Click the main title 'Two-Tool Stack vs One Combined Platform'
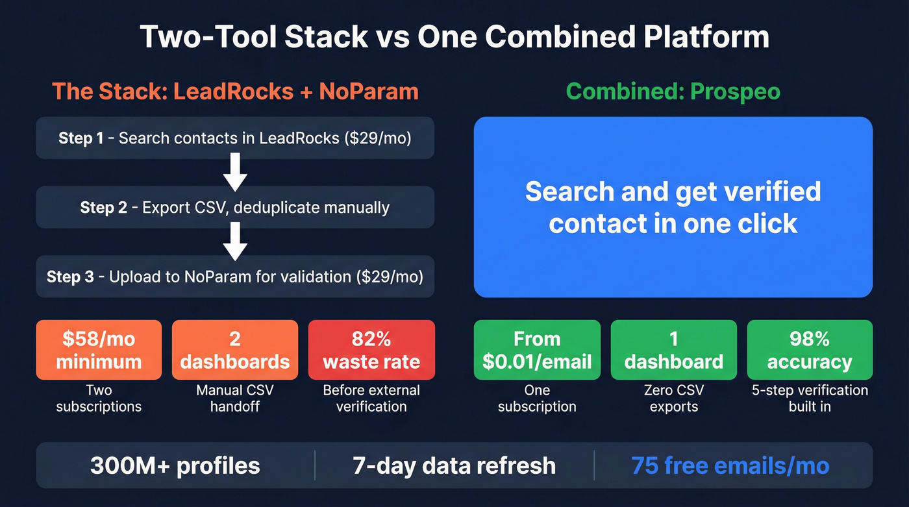[x=454, y=38]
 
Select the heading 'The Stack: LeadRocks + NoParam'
[x=235, y=92]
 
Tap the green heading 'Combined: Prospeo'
[x=673, y=92]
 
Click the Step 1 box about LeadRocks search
[x=235, y=138]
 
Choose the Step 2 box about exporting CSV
[x=235, y=208]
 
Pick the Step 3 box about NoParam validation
[x=235, y=277]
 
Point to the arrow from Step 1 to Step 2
[x=235, y=173]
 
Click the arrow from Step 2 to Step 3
[x=235, y=242]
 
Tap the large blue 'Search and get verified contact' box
[x=673, y=207]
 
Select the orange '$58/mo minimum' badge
[x=99, y=350]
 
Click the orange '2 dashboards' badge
[x=235, y=350]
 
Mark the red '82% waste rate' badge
[x=371, y=350]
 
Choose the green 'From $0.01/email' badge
[x=537, y=350]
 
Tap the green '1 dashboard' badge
[x=674, y=350]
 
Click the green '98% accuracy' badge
[x=810, y=350]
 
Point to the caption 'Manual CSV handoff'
[x=235, y=399]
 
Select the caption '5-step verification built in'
[x=810, y=399]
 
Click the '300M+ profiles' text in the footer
[x=175, y=465]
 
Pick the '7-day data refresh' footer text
[x=454, y=465]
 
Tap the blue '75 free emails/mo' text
[x=730, y=465]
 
